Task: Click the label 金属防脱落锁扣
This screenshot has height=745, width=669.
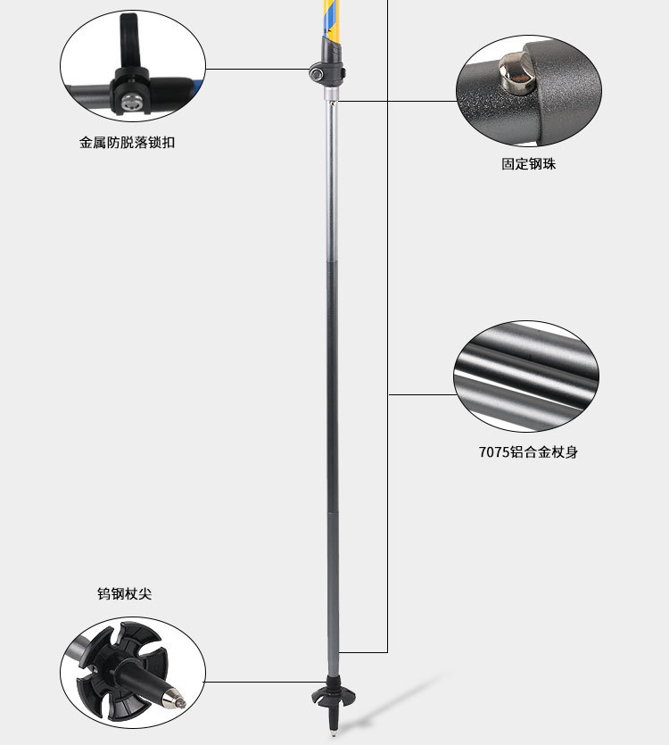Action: click(x=128, y=142)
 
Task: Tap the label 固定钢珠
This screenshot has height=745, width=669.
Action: click(x=528, y=164)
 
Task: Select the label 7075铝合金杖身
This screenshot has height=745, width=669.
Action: click(x=528, y=452)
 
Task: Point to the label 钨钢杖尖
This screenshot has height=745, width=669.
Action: click(x=124, y=593)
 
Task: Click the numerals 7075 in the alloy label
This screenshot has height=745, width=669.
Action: click(x=492, y=452)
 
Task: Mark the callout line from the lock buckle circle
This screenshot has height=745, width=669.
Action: click(x=259, y=69)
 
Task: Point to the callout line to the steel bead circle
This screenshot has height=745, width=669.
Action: click(x=401, y=101)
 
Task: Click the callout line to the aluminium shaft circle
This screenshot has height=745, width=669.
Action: click(x=419, y=393)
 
